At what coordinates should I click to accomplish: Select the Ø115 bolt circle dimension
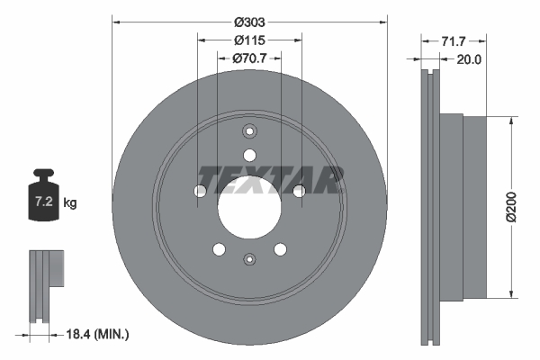click(249, 40)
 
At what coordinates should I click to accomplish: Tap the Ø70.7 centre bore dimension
click(249, 59)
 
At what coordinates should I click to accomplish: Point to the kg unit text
click(70, 203)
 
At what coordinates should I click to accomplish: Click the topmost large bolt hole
click(249, 154)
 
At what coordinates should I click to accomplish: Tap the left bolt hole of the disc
click(200, 191)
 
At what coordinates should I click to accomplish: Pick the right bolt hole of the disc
click(299, 190)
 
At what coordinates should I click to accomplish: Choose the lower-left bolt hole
click(219, 249)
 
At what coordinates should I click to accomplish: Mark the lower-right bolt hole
click(280, 249)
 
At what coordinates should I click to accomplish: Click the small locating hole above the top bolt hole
click(249, 130)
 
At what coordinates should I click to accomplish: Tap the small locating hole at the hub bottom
click(249, 259)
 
